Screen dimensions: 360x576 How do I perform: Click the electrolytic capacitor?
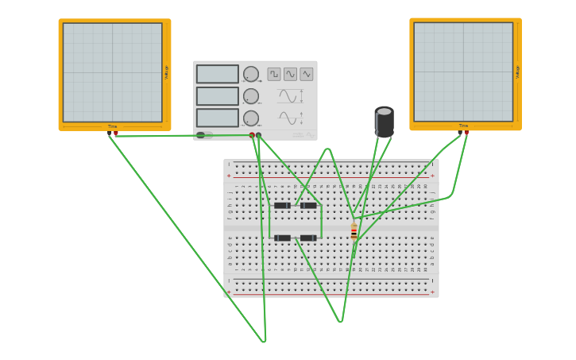(384, 122)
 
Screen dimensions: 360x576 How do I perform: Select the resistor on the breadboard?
(354, 231)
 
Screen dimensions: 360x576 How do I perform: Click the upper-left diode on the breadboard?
(282, 206)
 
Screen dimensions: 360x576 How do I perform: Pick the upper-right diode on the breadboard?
(308, 206)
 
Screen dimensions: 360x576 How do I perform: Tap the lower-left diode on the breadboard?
(282, 238)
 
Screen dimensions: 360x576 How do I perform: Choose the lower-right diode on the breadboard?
(308, 238)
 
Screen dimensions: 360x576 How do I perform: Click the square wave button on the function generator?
(274, 74)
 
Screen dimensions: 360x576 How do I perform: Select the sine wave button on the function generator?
(290, 74)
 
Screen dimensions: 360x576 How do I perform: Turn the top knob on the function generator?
(251, 74)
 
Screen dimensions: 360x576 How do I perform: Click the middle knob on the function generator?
(251, 96)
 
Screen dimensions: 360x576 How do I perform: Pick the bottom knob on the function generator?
(251, 118)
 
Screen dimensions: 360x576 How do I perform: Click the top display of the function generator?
(217, 74)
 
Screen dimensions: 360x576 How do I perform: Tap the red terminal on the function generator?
(252, 135)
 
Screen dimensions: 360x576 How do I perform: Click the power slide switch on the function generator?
(201, 135)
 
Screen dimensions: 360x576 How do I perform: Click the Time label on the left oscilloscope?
(112, 126)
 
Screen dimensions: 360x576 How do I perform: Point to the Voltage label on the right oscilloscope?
(517, 72)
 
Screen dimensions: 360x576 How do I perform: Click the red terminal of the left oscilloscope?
(116, 134)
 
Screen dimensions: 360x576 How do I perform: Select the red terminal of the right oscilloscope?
(466, 133)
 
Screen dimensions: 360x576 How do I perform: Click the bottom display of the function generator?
(217, 118)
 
